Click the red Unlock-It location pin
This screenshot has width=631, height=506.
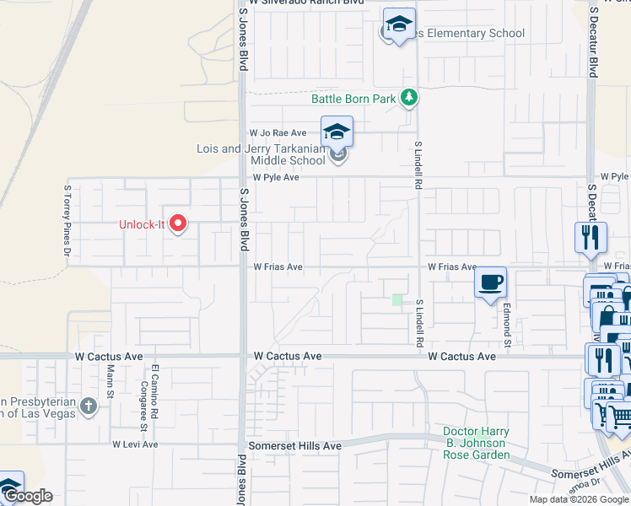coord(177,223)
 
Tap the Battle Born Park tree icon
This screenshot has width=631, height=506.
coord(409,98)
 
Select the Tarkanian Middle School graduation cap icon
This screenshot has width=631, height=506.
coord(336,132)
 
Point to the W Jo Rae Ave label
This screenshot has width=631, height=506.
coord(278,133)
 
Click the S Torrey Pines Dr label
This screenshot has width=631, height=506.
coord(67,220)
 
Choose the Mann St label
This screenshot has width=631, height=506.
coord(110,370)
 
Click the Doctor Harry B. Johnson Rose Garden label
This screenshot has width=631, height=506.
coord(477,444)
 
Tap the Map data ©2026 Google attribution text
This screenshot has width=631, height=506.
coord(579,499)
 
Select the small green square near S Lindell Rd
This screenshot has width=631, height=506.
coord(397,299)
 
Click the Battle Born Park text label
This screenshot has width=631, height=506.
coord(353,99)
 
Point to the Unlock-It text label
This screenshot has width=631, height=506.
coord(141,224)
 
